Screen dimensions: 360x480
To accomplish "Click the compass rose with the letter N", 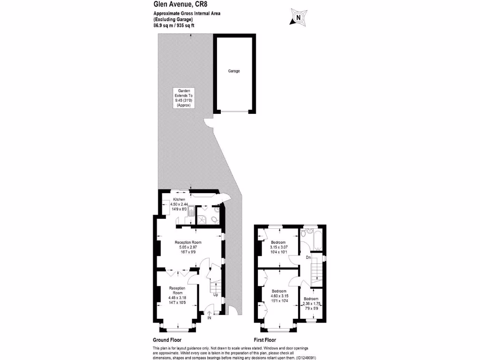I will (297, 17).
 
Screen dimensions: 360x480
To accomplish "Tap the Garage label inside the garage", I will (234, 71).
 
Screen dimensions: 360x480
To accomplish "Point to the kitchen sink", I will (192, 212).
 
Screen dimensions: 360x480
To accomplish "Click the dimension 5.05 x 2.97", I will (187, 247).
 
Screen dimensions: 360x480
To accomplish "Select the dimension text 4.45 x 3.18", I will (178, 298).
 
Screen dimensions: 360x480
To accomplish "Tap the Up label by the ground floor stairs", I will (215, 295).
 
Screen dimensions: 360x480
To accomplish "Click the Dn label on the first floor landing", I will (308, 257).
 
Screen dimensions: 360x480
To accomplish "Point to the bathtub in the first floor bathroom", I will (314, 239).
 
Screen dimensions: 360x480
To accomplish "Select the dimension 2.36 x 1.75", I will (311, 304).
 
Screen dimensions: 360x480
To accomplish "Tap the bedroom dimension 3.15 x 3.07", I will (279, 247).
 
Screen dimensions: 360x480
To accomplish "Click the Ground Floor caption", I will (167, 340).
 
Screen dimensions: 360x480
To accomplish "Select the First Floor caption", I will (265, 340).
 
